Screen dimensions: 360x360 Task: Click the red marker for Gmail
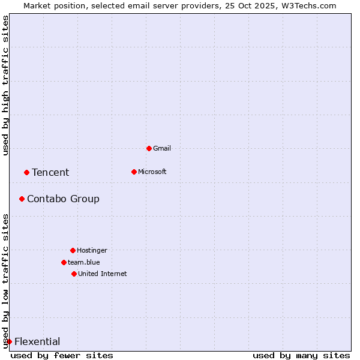tap(149, 148)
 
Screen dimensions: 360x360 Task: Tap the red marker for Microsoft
tap(134, 172)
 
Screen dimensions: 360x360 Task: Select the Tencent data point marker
tap(26, 172)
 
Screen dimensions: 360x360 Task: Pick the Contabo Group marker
tap(22, 199)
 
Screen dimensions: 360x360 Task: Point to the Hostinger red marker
tap(73, 250)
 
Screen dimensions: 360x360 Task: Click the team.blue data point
tap(64, 262)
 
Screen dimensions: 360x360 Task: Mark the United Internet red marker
tap(74, 274)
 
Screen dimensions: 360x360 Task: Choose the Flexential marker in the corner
tap(9, 341)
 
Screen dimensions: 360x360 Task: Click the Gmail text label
tap(162, 148)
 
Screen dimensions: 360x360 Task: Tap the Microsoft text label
tap(152, 172)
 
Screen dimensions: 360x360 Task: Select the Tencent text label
tap(50, 173)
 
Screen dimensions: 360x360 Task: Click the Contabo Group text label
tap(63, 199)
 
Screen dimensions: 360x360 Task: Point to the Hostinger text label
tap(92, 250)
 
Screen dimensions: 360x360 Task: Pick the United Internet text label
tap(102, 274)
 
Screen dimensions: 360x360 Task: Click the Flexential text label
tap(37, 342)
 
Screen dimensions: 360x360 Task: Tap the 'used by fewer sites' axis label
tap(62, 355)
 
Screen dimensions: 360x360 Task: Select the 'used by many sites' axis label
tap(301, 355)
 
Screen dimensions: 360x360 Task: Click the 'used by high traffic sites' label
tap(5, 85)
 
